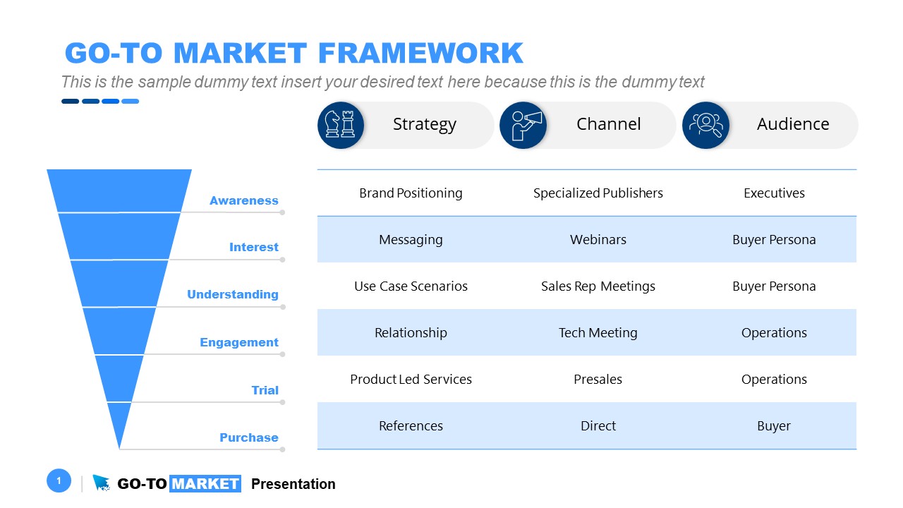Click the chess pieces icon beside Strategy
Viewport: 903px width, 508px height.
[341, 125]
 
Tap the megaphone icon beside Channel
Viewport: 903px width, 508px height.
[523, 125]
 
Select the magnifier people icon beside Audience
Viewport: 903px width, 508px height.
[705, 125]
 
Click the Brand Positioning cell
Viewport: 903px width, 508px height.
[411, 193]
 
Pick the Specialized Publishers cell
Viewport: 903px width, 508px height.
[598, 193]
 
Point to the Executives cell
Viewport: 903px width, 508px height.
[774, 193]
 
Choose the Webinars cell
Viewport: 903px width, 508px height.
[598, 239]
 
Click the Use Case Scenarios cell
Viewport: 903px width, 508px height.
[411, 286]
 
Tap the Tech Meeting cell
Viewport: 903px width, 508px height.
[598, 332]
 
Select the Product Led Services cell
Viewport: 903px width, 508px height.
[411, 379]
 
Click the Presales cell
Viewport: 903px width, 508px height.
[598, 379]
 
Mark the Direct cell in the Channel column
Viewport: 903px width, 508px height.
[598, 425]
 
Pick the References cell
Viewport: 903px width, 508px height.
[411, 425]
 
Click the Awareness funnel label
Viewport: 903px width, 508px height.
[243, 200]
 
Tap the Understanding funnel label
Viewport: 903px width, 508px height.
[232, 294]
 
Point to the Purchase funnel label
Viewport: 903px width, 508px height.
[248, 437]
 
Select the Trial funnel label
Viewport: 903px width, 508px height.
[265, 390]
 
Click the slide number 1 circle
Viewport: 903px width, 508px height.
[59, 481]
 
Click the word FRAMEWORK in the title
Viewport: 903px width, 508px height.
[420, 54]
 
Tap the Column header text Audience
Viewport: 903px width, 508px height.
[792, 124]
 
